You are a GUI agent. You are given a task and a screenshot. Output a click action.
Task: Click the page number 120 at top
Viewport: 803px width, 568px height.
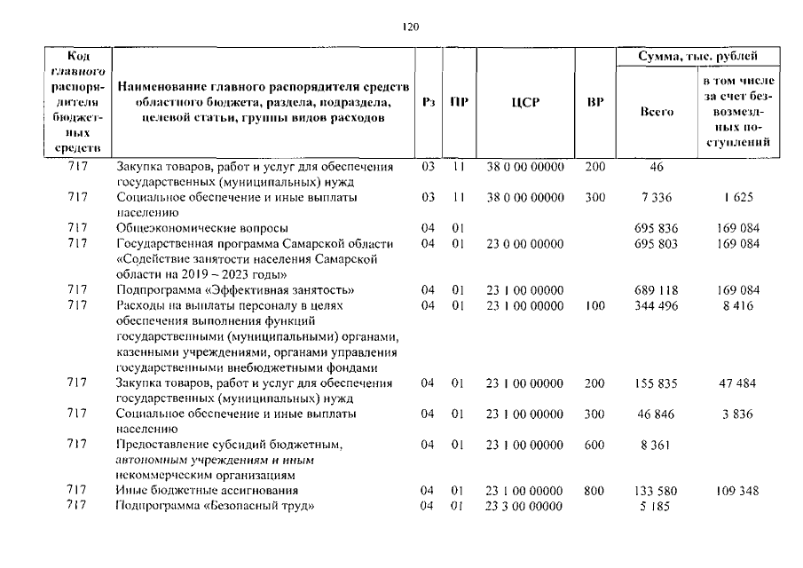[410, 27]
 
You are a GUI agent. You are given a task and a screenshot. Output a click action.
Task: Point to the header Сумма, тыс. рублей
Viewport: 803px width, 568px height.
[699, 56]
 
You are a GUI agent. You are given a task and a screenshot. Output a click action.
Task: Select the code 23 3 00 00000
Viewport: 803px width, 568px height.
[524, 506]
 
